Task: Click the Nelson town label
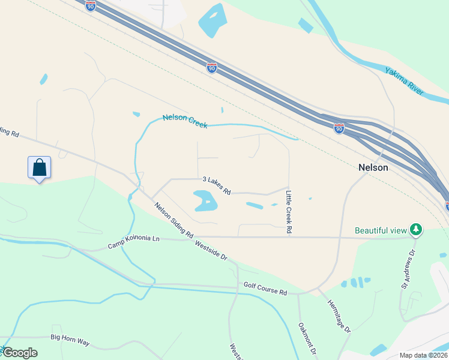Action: [373, 168]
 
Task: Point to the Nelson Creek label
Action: [185, 121]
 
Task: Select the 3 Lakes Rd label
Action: [217, 185]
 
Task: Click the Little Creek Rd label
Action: [289, 212]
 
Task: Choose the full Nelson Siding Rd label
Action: [173, 220]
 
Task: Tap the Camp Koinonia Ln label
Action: [134, 242]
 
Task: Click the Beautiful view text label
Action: [381, 230]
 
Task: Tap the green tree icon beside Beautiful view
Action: [415, 229]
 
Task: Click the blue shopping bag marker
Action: [39, 167]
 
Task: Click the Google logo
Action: [19, 353]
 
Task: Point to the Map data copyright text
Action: [424, 355]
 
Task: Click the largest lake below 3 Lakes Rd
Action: [204, 200]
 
